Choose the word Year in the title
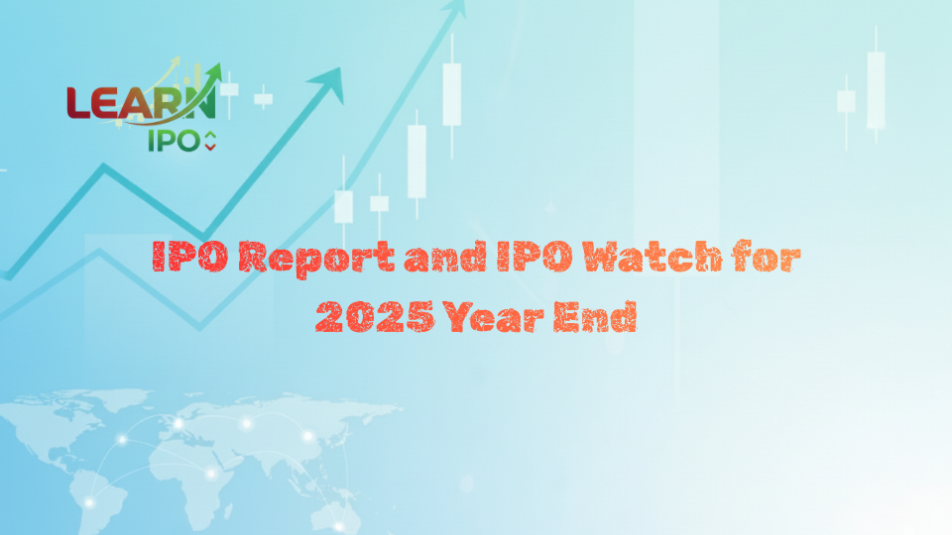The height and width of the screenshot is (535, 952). coord(496,318)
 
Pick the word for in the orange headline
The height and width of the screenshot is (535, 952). coord(766,260)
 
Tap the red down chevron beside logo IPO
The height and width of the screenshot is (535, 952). coord(209,148)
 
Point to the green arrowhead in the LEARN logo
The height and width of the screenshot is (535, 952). coord(213,71)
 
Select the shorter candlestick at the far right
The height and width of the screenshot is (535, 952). coord(846,101)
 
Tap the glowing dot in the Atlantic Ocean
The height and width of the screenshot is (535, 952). coord(122,439)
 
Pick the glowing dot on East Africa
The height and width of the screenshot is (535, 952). coord(210,474)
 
